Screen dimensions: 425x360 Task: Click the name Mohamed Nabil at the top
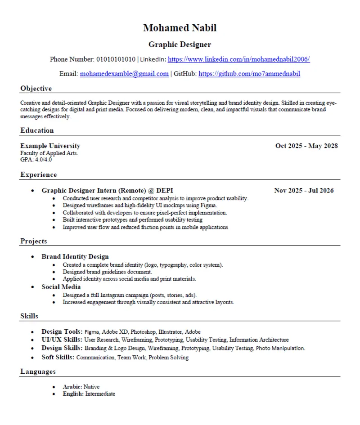point(180,28)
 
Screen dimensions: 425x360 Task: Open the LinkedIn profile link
point(238,59)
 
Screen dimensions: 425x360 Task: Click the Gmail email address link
point(124,74)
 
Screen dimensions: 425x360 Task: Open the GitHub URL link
point(249,74)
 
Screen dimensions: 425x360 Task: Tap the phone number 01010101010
point(116,59)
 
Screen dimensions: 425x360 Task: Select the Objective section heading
point(36,89)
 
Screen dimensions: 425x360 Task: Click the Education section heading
point(37,130)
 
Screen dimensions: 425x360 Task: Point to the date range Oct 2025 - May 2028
point(306,146)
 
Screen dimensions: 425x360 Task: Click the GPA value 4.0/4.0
point(43,159)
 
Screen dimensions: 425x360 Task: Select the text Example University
point(50,146)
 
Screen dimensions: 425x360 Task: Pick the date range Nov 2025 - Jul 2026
point(304,191)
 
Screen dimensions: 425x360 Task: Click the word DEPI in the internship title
point(165,191)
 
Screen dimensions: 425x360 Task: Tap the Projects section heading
point(33,242)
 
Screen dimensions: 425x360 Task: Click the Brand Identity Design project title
point(75,257)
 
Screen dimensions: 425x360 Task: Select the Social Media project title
point(61,287)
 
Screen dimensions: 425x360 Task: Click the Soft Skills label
point(58,358)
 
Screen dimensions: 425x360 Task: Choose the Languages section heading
point(38,371)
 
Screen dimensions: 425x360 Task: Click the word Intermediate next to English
point(100,394)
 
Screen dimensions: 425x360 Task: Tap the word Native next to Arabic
point(91,387)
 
